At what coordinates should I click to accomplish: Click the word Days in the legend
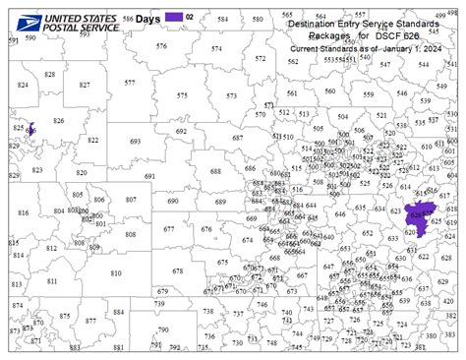tap(147, 17)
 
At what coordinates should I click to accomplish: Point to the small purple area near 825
tap(31, 130)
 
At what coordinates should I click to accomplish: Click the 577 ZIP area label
tap(130, 83)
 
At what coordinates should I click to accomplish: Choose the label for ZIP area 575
tap(182, 94)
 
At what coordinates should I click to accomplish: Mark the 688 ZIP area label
tap(215, 171)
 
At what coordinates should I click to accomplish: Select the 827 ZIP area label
tap(85, 86)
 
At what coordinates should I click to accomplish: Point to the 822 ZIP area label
tap(92, 140)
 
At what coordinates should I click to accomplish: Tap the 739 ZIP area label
tap(160, 305)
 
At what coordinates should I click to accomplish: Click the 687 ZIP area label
tap(237, 139)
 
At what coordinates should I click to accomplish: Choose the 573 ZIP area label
tap(231, 95)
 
